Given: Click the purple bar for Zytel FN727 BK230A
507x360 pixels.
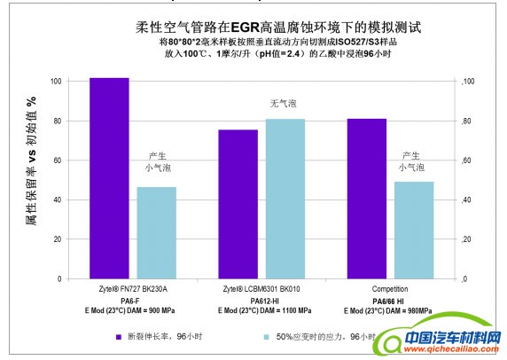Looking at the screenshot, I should coord(109,178).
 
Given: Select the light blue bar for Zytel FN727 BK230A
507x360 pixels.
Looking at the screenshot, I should coord(156,232).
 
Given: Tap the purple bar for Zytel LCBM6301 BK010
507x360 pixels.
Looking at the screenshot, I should coord(238,204).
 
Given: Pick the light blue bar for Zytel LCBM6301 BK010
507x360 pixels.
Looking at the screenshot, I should coord(285,199).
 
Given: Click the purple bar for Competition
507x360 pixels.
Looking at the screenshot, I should coord(367,199).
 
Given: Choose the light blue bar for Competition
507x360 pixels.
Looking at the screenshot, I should coord(414,230).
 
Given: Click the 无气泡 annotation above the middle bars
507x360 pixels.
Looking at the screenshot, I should coord(285,104).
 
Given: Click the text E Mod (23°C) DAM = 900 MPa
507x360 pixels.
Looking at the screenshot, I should coord(133,311).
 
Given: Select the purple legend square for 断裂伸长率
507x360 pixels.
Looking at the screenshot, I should coord(118,337).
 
